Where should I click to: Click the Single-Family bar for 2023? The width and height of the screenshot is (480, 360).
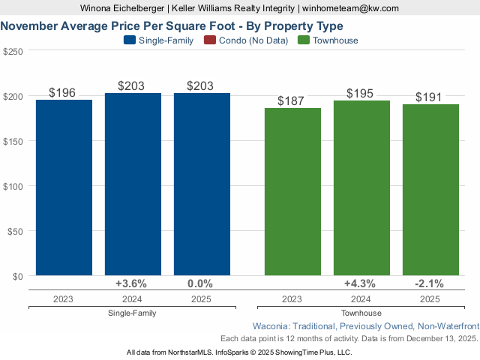[x=64, y=187]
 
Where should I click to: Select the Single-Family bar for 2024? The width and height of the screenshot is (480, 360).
[x=133, y=184]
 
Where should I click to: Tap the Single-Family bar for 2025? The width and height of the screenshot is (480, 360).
[x=202, y=184]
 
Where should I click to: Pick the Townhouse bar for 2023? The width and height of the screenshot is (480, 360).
[x=292, y=192]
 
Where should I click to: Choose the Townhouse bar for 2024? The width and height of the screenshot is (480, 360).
[x=361, y=188]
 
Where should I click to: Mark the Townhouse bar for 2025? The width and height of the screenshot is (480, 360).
[x=430, y=190]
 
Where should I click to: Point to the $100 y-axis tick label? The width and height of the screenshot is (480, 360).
[x=13, y=186]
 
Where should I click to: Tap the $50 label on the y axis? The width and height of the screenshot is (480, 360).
[x=15, y=231]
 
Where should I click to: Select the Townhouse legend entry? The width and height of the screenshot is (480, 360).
[x=328, y=40]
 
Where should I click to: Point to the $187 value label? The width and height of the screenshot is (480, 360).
[x=292, y=101]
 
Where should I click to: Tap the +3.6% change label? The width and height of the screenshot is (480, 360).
[x=131, y=284]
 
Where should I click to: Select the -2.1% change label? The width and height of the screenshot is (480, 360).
[x=429, y=284]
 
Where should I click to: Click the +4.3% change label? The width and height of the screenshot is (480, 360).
[x=361, y=284]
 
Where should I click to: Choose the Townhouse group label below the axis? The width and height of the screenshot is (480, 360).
[x=361, y=313]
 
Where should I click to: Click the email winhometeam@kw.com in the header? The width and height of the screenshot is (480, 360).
[x=351, y=8]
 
